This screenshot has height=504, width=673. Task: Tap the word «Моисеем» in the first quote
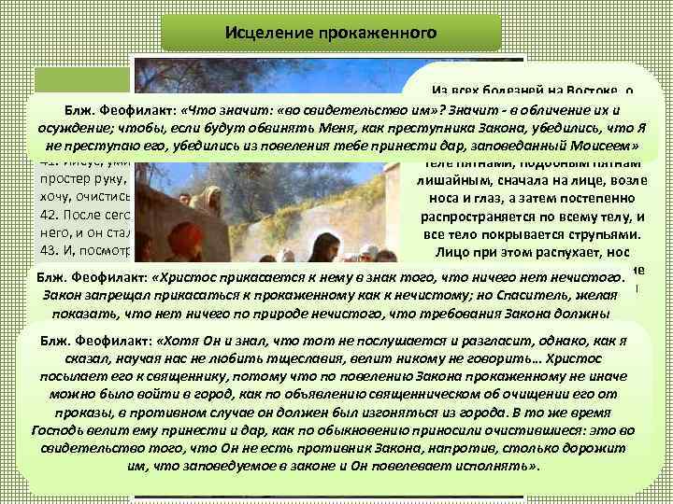coord(604,147)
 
